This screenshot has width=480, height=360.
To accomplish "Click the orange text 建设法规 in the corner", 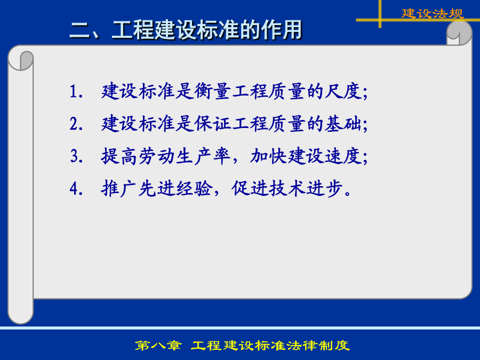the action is (x=433, y=13).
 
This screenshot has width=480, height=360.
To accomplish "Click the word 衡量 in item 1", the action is (x=212, y=91).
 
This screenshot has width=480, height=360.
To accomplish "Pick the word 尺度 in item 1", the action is (x=343, y=91).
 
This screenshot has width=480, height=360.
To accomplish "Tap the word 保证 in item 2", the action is (x=212, y=124).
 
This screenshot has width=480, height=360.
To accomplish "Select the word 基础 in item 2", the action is (x=343, y=124).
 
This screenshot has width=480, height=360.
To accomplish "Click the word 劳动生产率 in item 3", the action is (x=185, y=156).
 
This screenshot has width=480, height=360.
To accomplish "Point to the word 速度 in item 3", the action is (x=343, y=156).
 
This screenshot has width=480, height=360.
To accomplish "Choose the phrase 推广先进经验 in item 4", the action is (x=157, y=188).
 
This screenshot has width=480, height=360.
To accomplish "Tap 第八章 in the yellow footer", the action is (x=158, y=345).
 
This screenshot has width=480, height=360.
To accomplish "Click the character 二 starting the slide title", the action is (x=80, y=30).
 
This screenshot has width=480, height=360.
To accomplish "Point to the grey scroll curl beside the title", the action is (x=459, y=33).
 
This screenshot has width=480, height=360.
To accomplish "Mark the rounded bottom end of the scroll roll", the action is (x=20, y=315).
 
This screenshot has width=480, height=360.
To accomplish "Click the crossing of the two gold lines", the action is (x=380, y=20).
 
